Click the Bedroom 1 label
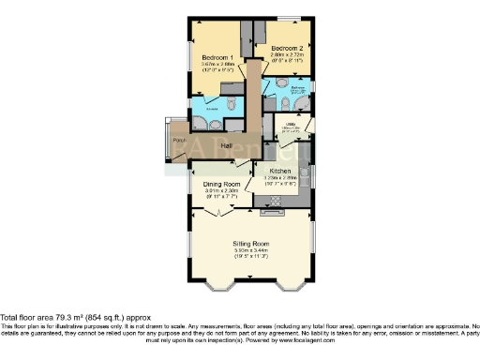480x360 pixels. (x=217, y=58)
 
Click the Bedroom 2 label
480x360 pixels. (x=286, y=47)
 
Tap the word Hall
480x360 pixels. (x=226, y=145)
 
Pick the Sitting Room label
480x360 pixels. (x=250, y=244)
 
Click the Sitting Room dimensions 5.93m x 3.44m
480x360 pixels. (x=250, y=251)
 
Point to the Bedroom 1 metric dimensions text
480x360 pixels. (x=217, y=66)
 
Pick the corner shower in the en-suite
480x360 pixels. (x=199, y=120)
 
